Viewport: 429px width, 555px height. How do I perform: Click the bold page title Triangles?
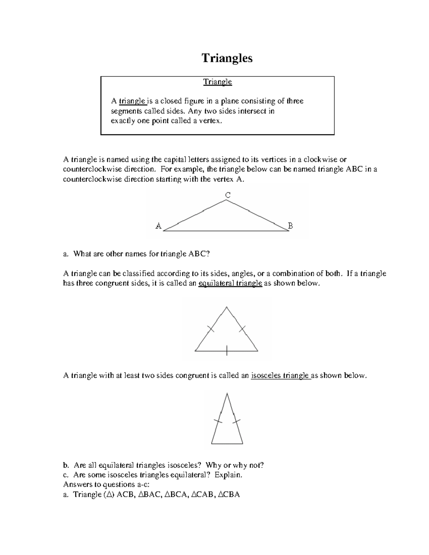227,58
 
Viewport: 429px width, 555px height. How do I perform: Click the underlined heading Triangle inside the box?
217,82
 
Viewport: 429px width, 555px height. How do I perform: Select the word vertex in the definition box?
211,121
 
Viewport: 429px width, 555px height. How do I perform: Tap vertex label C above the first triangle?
227,195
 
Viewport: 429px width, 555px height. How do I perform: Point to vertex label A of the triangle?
158,226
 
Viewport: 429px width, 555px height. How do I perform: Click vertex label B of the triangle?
290,226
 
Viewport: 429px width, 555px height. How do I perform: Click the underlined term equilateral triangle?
230,283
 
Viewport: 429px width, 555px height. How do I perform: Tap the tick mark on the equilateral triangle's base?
227,351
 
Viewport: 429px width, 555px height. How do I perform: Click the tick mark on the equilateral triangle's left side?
211,329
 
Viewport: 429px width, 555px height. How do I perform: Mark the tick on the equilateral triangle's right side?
242,328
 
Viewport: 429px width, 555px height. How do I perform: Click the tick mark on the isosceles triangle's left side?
218,421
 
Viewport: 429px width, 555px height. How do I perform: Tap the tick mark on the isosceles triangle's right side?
236,421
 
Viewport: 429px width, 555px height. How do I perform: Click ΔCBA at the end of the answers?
229,495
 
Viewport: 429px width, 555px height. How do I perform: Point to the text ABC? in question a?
199,254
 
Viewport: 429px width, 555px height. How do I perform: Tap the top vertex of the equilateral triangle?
227,307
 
